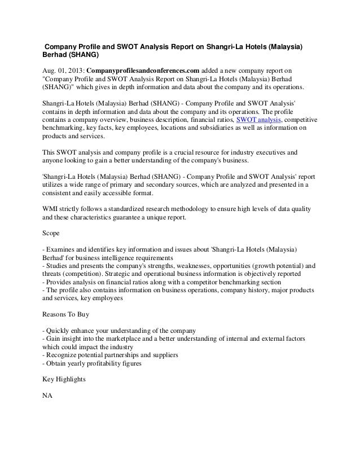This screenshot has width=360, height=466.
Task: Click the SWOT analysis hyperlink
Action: click(258, 120)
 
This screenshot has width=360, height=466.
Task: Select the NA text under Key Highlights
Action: click(48, 396)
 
